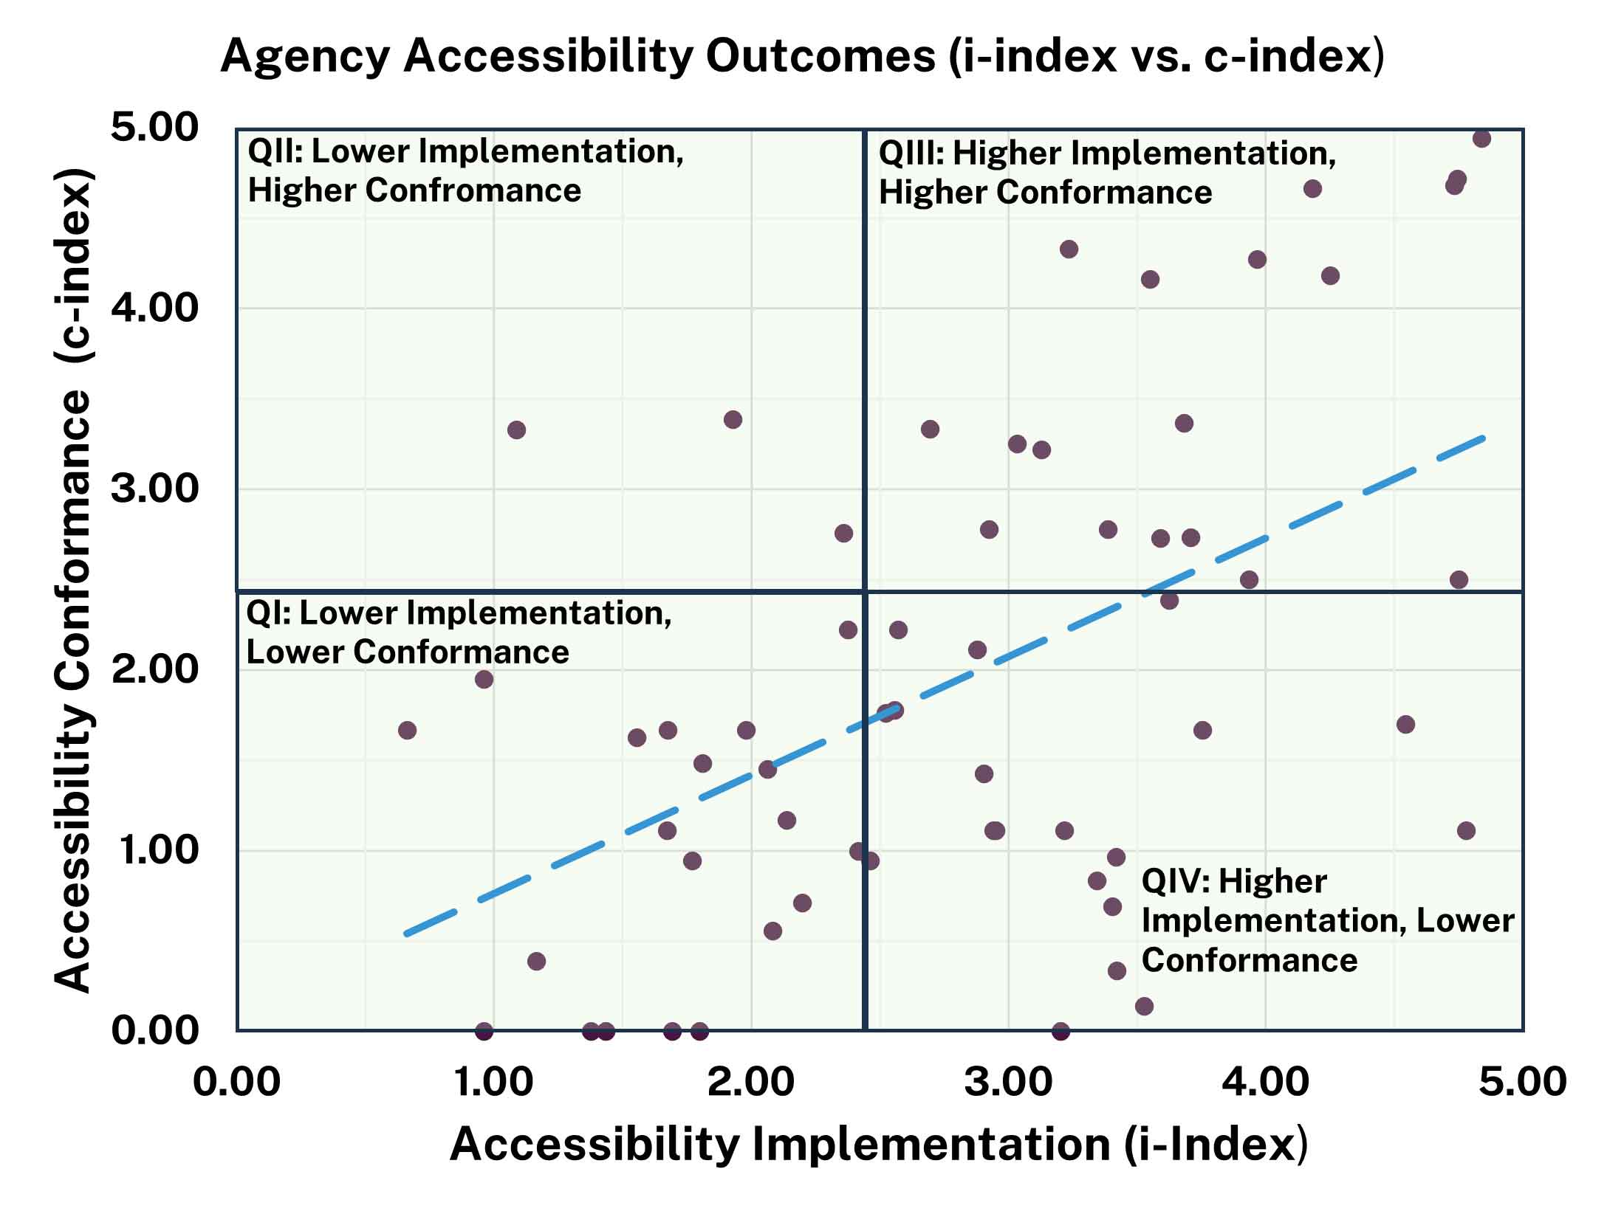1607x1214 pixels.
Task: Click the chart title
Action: pos(802,56)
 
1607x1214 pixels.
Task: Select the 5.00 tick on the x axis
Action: pos(1522,1083)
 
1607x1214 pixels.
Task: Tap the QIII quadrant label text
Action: pos(1106,173)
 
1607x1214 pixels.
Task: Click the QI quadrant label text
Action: pos(458,632)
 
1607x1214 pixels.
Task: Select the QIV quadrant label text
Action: pos(1326,920)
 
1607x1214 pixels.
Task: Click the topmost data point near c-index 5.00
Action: pos(1481,139)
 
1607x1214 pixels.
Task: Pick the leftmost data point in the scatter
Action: pos(407,730)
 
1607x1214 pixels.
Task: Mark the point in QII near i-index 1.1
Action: pos(516,430)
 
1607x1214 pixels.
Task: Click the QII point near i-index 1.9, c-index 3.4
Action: pos(733,420)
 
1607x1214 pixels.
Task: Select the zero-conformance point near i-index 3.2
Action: pos(1061,1030)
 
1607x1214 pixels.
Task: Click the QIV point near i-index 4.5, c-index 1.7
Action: pos(1405,724)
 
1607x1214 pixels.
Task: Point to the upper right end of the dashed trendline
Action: pos(1483,438)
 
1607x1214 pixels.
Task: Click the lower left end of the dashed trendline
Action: pos(406,934)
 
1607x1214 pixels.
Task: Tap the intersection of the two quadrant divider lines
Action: pos(863,591)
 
